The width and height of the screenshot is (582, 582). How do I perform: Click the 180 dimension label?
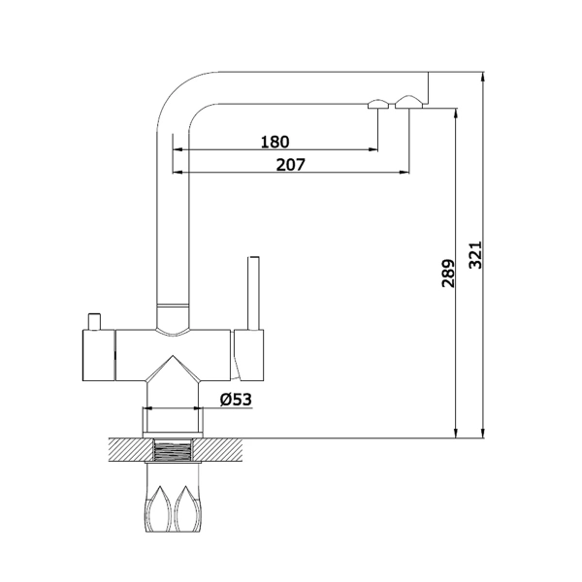point(275,142)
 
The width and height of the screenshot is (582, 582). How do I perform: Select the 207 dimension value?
point(291,165)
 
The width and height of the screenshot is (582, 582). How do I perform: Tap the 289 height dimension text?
point(448,274)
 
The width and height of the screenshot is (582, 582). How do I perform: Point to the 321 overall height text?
point(475,254)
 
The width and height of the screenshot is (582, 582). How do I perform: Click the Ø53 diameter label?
point(236,400)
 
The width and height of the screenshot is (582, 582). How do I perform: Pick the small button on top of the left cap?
point(94,321)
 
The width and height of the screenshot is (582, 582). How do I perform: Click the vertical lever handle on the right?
point(253,293)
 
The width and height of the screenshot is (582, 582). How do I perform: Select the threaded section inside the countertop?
point(173,450)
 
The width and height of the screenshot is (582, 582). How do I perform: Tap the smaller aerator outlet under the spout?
point(378,104)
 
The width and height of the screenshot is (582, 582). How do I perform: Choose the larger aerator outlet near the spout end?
point(408,102)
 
